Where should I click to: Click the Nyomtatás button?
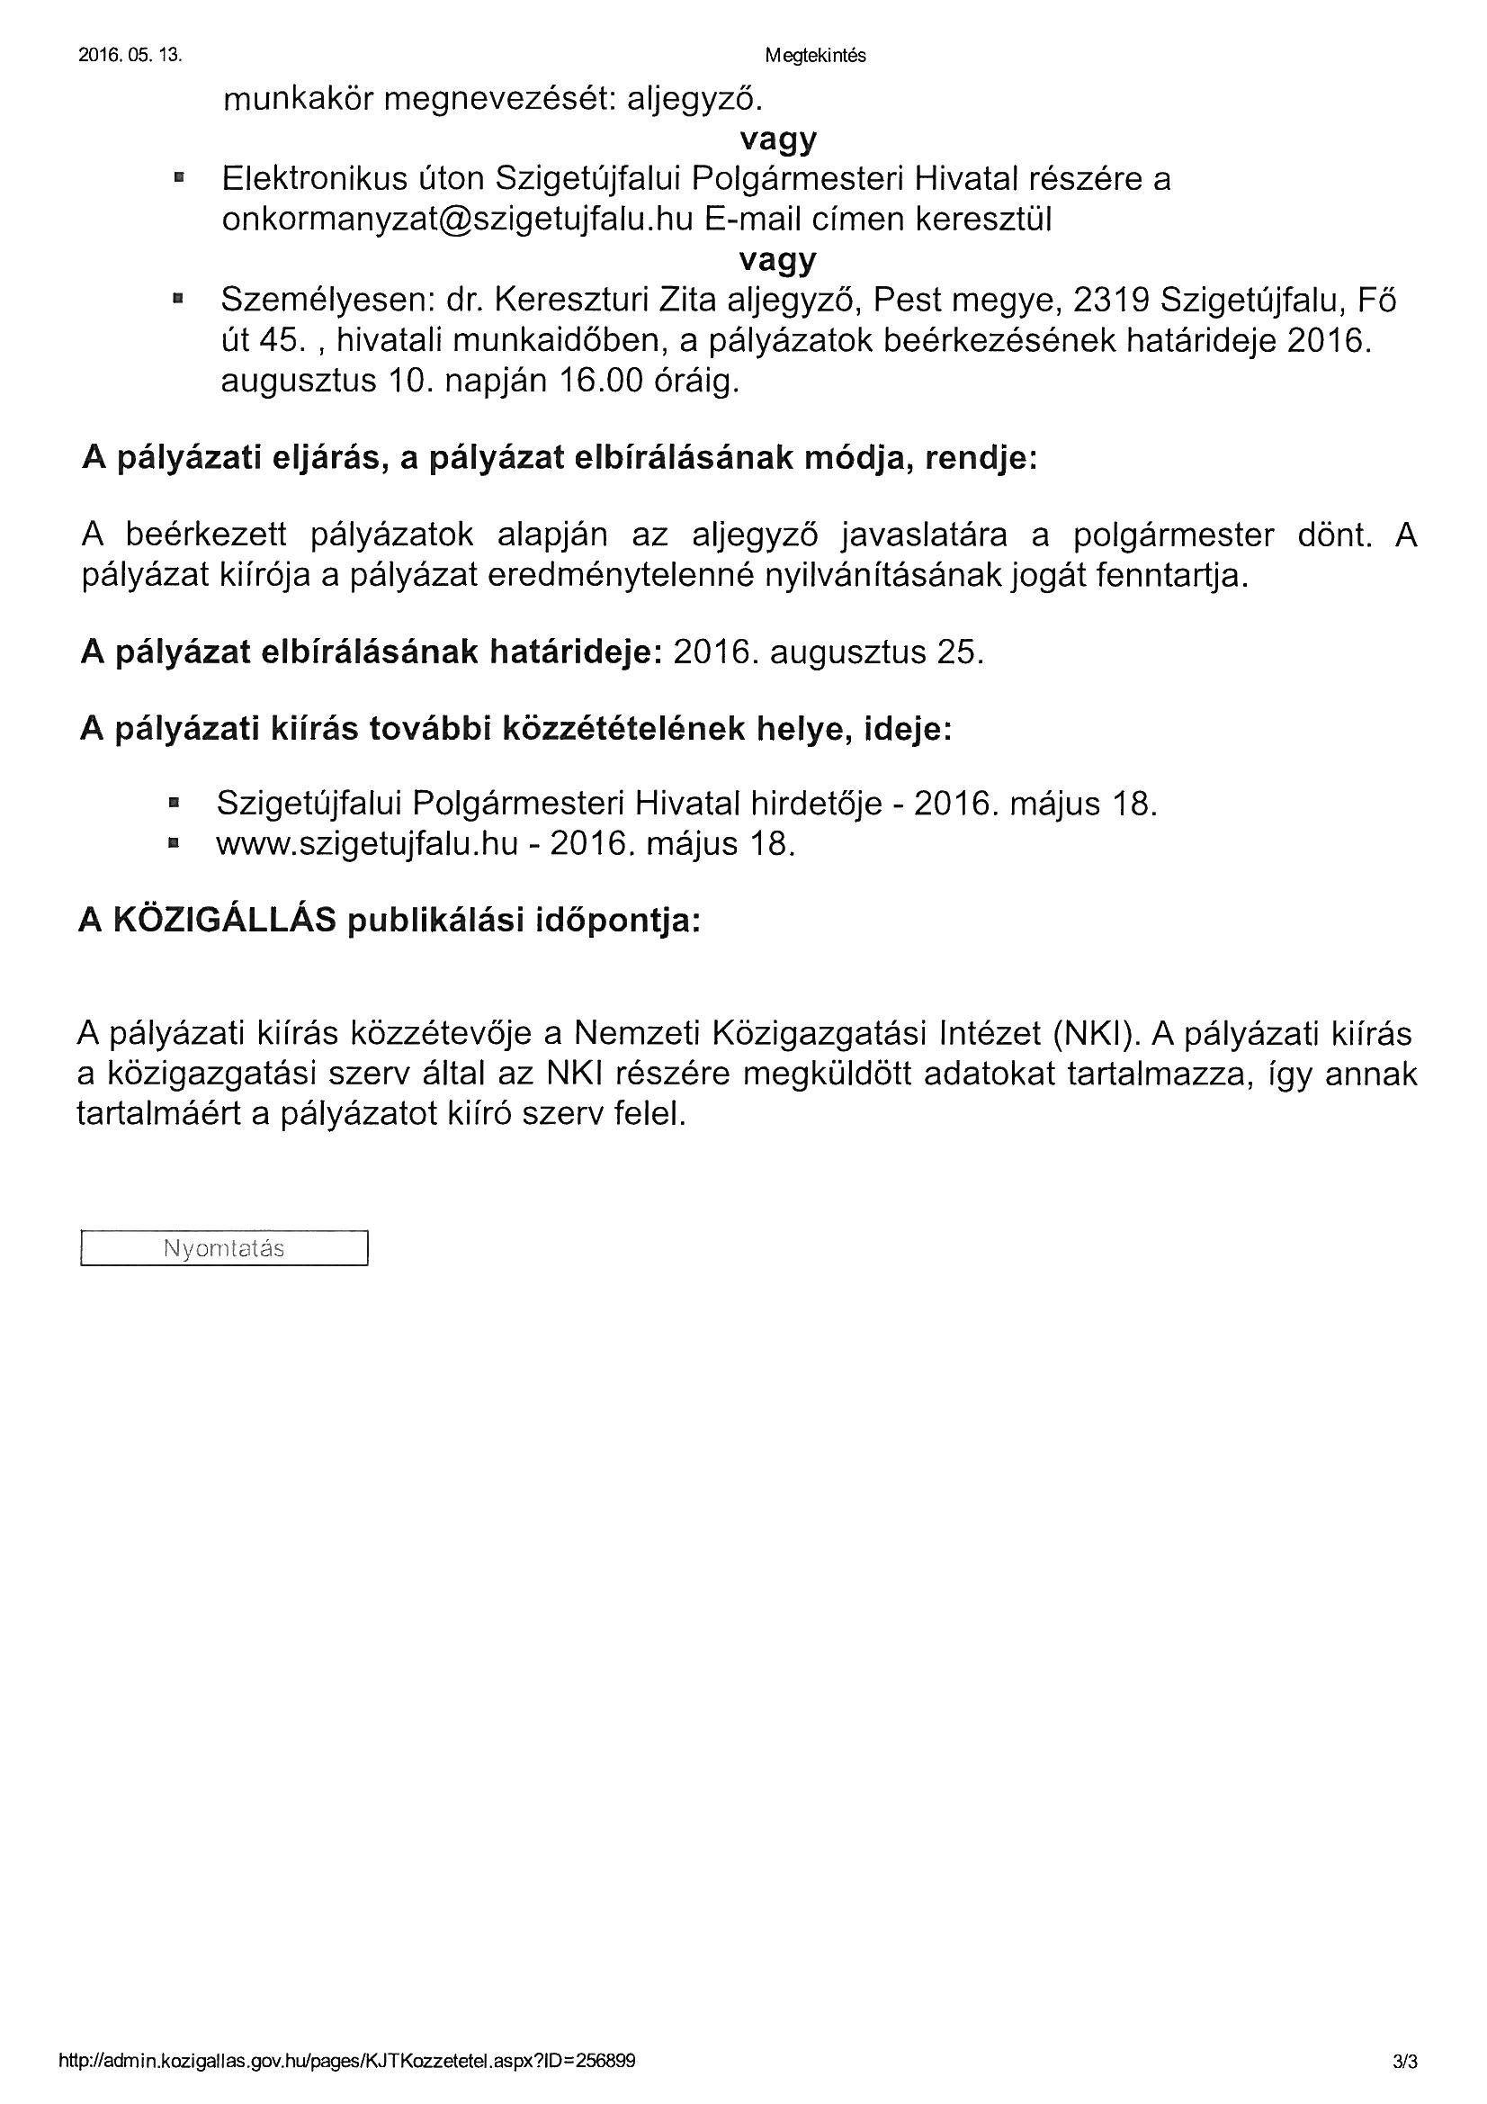[x=224, y=1248]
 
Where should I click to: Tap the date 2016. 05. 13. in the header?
[x=130, y=56]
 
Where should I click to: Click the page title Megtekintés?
[x=814, y=56]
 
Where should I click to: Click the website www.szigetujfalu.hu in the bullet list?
[x=367, y=844]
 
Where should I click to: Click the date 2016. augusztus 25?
[x=829, y=652]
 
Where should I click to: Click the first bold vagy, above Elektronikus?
[x=778, y=139]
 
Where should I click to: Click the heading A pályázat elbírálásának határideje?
[x=371, y=652]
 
